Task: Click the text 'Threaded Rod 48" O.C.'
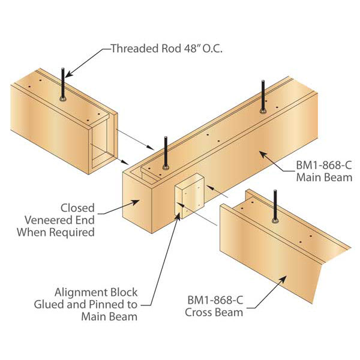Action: (x=167, y=49)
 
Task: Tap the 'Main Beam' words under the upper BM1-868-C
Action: (x=324, y=178)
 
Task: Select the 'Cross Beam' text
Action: (x=214, y=313)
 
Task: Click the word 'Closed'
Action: (x=77, y=208)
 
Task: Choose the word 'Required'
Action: (x=72, y=232)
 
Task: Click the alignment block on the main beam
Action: (x=190, y=196)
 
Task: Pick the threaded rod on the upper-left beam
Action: (x=62, y=84)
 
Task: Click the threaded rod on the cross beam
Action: (x=275, y=206)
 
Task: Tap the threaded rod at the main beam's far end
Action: (x=263, y=97)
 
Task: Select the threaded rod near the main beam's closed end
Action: (x=166, y=153)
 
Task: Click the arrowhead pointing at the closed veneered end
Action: (x=135, y=202)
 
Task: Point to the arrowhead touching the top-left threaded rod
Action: (x=70, y=73)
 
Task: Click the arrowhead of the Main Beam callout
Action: (x=263, y=154)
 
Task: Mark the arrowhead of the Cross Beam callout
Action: (x=283, y=280)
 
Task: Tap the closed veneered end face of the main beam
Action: (x=137, y=202)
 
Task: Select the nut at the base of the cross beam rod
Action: (x=275, y=221)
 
